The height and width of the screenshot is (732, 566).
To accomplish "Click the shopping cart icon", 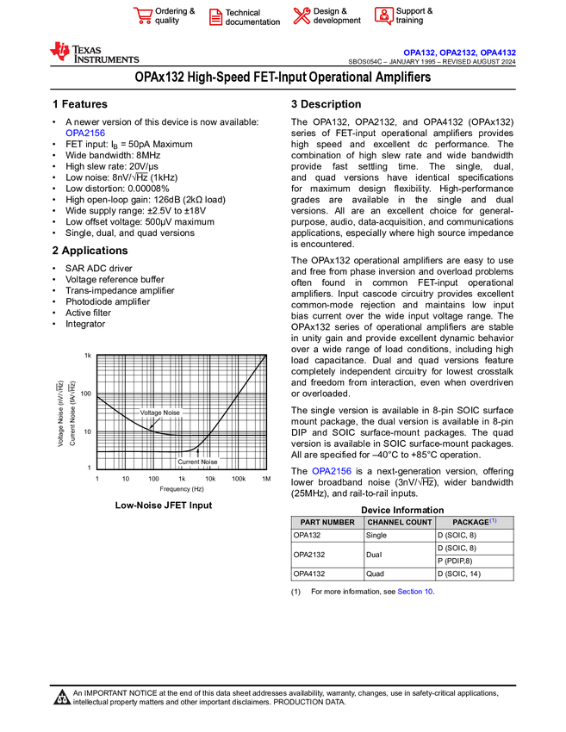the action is tap(142, 16).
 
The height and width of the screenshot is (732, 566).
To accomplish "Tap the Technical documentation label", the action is tap(252, 17).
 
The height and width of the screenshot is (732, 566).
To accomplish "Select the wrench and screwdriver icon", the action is tap(302, 16).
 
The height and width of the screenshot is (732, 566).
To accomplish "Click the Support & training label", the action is tap(414, 16).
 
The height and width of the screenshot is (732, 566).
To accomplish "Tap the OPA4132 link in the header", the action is tap(498, 53).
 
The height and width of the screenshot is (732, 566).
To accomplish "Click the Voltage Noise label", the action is tap(160, 413).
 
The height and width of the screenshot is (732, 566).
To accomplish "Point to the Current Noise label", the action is tap(197, 462).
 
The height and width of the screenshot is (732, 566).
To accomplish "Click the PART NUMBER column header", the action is tap(327, 522).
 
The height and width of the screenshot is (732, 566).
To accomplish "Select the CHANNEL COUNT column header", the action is tap(400, 522).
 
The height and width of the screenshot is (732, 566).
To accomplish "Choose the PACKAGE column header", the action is tap(471, 522).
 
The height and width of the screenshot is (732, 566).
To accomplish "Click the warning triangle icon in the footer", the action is tap(62, 698).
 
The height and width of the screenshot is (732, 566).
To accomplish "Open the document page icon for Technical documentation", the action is tap(215, 16).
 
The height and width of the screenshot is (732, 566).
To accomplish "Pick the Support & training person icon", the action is tap(383, 16).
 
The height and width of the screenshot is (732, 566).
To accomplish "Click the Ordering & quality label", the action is tap(175, 16).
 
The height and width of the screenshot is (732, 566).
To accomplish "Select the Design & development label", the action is tap(337, 16).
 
